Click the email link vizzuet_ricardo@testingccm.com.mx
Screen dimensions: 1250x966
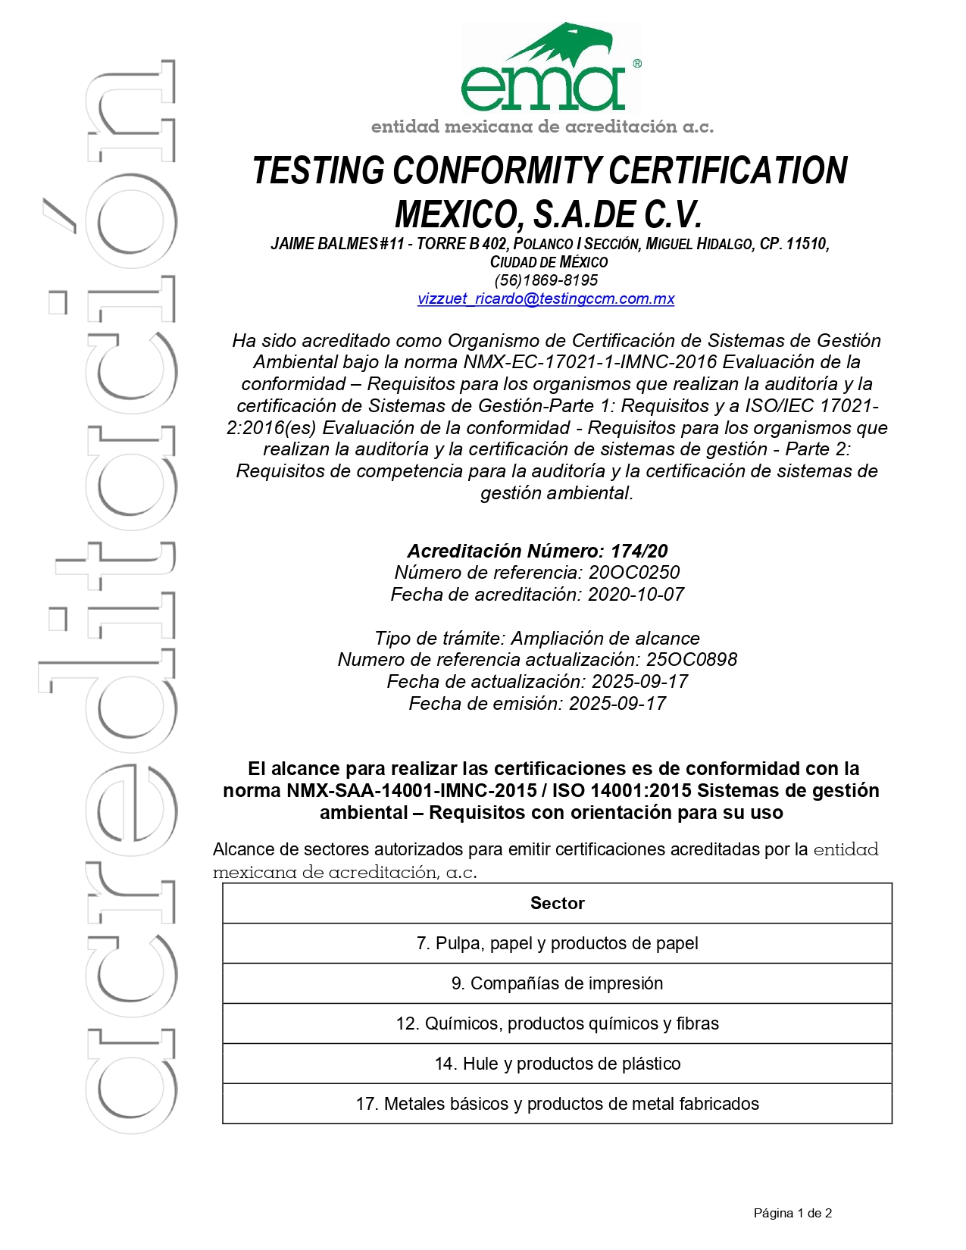546,298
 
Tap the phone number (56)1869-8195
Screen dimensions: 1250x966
546,280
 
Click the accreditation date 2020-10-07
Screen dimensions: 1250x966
636,595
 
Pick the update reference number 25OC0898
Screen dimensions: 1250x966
691,660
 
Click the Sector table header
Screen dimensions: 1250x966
557,903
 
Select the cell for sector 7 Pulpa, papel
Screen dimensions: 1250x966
557,943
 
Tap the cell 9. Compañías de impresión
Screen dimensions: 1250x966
557,983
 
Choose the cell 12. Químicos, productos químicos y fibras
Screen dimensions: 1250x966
557,1023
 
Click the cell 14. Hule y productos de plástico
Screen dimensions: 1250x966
557,1064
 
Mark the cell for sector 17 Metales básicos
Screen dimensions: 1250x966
557,1104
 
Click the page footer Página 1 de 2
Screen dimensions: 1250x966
792,1213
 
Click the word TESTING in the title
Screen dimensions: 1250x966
319,171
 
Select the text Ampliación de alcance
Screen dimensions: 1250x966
605,639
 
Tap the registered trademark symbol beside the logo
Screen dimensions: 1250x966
637,64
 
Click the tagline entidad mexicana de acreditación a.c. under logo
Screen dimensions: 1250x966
542,127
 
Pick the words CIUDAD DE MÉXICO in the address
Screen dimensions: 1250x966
549,262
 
